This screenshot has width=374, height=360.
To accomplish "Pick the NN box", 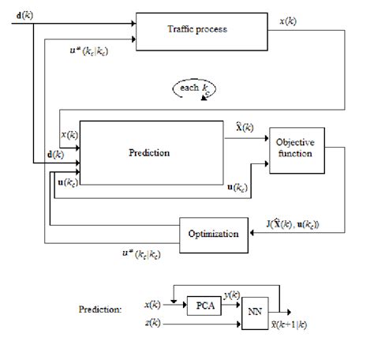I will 254,310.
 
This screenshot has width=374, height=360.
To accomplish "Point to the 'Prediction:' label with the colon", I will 100,310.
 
